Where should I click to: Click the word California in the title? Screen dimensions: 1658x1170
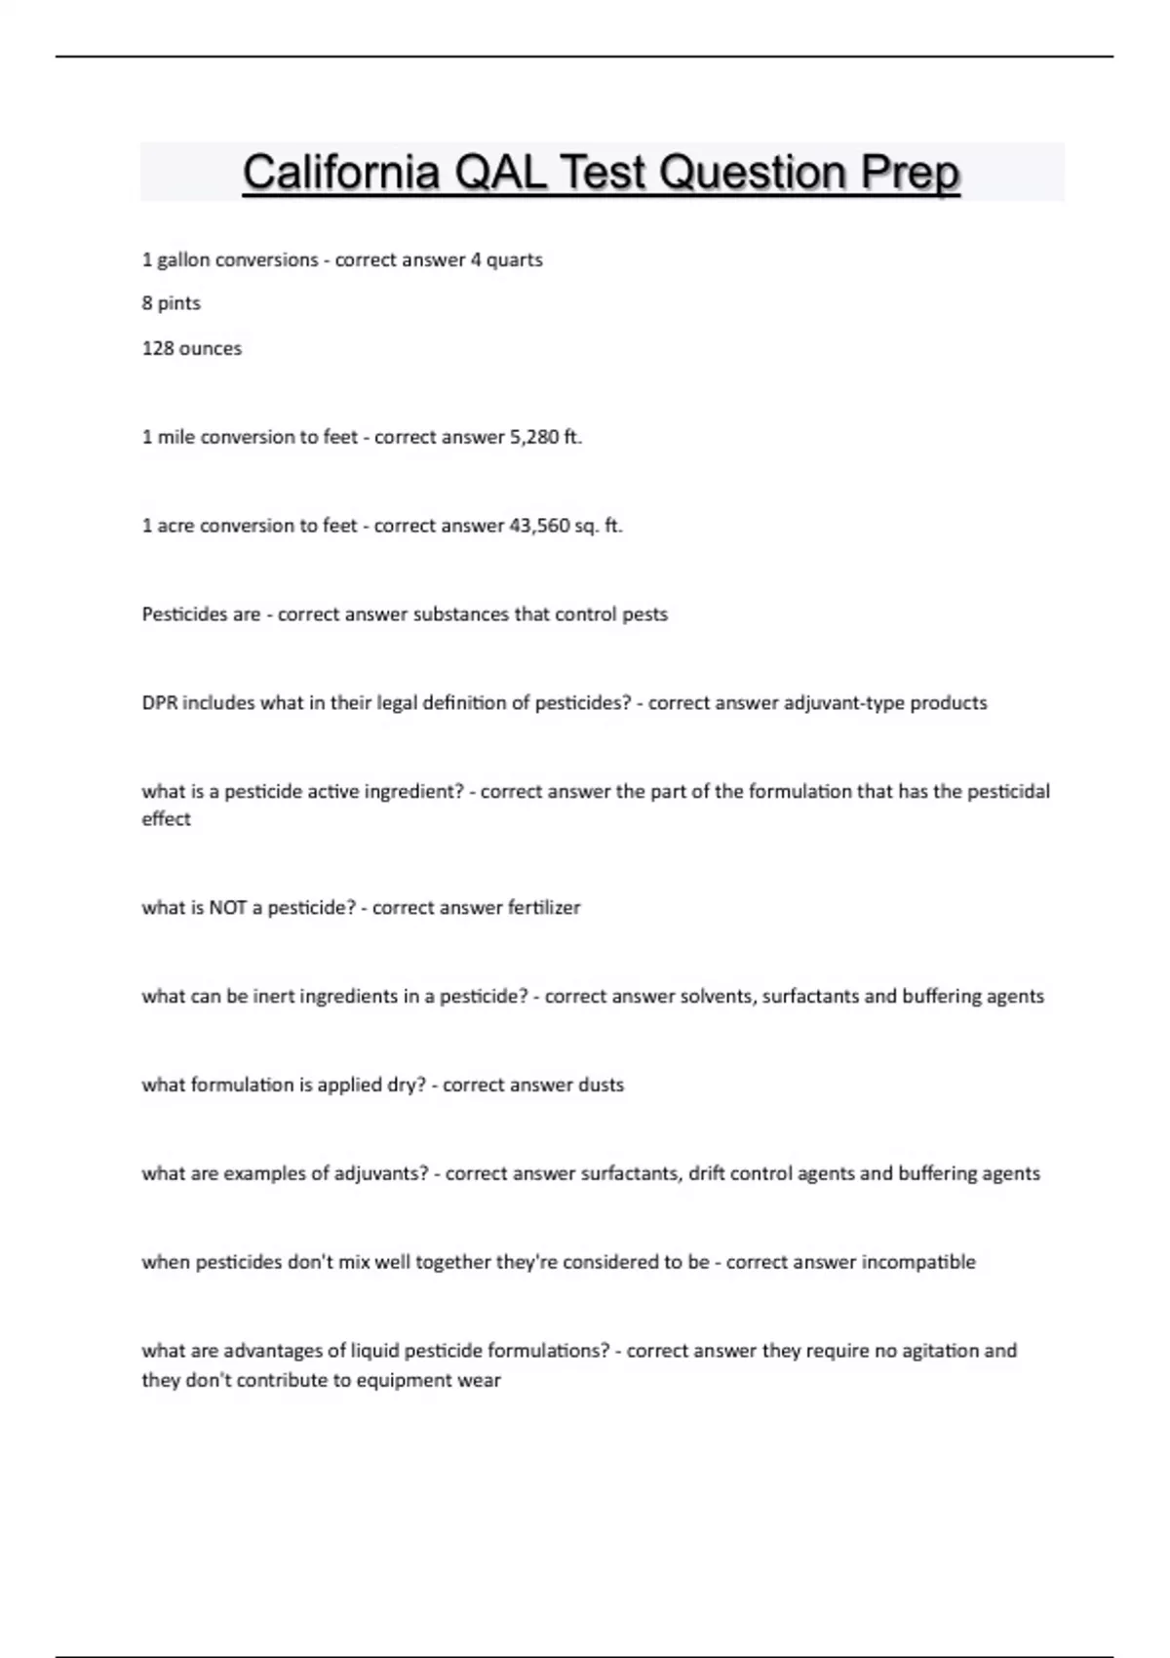coord(340,174)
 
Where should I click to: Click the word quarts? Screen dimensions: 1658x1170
coord(514,260)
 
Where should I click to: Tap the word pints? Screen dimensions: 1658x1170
coord(178,303)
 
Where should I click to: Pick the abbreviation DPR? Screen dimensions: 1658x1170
coord(160,703)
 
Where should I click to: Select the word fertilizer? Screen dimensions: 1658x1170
coord(543,908)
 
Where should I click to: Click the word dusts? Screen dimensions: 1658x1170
coord(601,1086)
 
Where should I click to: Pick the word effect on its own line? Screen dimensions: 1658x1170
coord(166,819)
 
